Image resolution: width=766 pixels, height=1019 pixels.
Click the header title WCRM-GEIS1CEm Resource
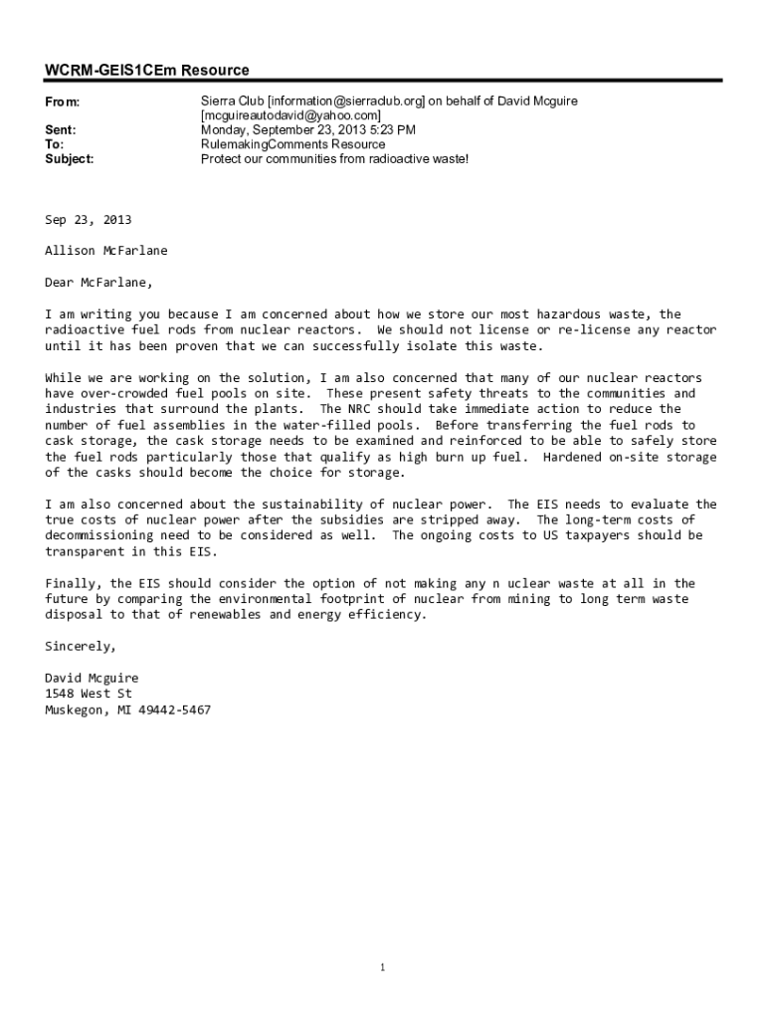coord(147,70)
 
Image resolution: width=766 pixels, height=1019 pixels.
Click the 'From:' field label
coord(63,102)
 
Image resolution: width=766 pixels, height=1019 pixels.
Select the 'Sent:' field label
coord(61,129)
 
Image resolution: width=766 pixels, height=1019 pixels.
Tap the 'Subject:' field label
coord(70,158)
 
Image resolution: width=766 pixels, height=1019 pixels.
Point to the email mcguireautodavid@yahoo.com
coord(290,115)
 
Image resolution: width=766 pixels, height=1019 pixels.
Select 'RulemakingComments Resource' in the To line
coord(292,144)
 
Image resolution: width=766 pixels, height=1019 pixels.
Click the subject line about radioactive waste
coord(334,158)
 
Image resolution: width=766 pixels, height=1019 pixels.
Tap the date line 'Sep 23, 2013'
coord(89,219)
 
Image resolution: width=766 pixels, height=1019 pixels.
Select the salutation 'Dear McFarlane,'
coord(99,283)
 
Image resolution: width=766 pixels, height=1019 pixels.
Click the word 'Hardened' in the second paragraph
coord(573,457)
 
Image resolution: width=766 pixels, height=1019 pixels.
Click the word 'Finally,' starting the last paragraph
coord(74,583)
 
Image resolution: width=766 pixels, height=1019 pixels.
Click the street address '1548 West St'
coord(89,694)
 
